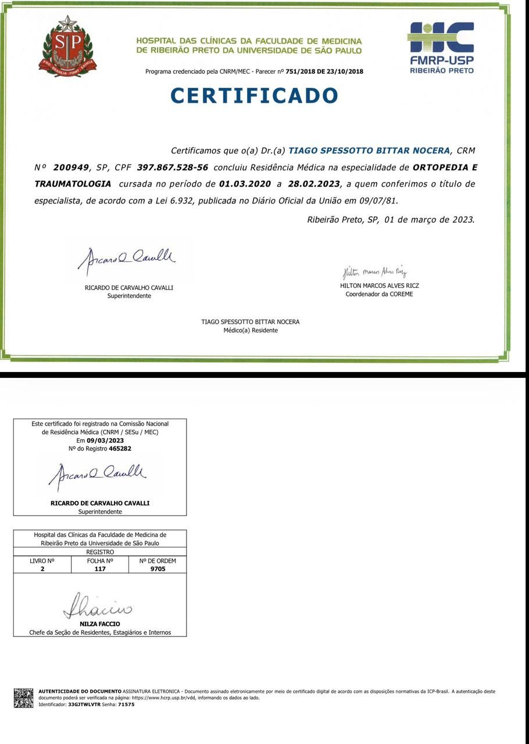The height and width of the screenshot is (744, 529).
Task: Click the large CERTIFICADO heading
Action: click(x=254, y=96)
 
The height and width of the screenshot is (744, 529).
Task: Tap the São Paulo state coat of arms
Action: click(x=67, y=46)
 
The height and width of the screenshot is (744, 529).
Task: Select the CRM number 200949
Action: click(x=71, y=167)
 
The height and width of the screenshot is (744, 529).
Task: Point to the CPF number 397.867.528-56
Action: click(x=172, y=167)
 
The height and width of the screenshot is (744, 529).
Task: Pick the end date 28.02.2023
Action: click(x=313, y=184)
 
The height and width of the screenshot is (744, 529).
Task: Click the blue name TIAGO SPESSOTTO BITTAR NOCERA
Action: click(x=369, y=151)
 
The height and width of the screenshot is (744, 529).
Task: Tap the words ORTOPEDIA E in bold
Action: click(x=445, y=167)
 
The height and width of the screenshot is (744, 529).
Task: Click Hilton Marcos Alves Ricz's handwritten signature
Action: click(x=374, y=272)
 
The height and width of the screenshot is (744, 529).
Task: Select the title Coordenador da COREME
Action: click(x=379, y=294)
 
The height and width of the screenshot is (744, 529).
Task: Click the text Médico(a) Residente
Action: click(x=251, y=330)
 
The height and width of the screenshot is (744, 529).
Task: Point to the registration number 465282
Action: click(x=120, y=449)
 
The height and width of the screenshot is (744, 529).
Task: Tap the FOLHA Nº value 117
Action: click(x=100, y=569)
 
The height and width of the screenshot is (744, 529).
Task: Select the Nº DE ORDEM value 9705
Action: click(x=157, y=569)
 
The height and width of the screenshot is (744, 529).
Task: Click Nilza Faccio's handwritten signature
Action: click(x=98, y=607)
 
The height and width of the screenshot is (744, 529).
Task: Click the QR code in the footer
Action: click(x=24, y=698)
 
